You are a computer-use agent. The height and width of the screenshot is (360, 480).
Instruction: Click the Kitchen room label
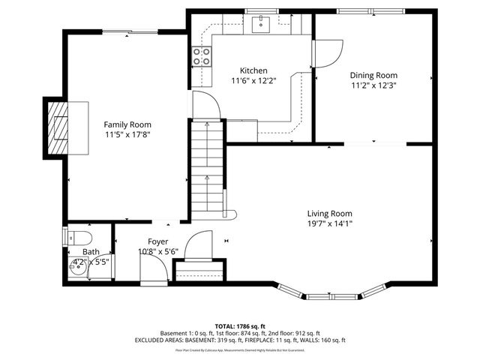(253, 70)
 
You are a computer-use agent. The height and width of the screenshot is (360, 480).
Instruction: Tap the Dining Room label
(373, 75)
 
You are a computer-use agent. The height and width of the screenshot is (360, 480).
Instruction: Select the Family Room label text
(127, 124)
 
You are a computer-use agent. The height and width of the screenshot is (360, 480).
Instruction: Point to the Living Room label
(329, 212)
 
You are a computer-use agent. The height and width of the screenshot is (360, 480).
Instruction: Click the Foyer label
(157, 241)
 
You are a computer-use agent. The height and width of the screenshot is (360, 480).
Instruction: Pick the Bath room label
(91, 252)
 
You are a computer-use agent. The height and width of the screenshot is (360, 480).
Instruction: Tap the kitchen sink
(261, 25)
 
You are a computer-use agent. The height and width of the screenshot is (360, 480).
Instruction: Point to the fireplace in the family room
(57, 126)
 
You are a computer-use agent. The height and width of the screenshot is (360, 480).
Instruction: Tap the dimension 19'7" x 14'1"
(329, 223)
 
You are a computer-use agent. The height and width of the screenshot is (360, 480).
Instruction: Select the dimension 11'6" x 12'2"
(253, 81)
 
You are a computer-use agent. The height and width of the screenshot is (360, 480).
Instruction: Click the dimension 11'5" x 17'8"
(127, 135)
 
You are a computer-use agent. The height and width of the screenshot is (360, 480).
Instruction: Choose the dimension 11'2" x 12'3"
(373, 85)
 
